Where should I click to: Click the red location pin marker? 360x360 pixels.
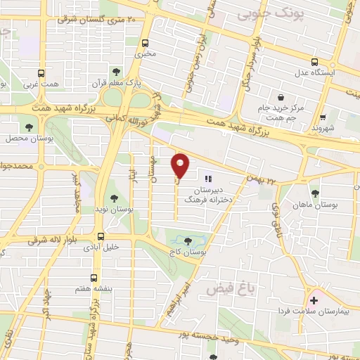tap(181, 165)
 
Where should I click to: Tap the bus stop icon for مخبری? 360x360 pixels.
tap(146, 42)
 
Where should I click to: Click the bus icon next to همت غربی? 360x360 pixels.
tap(40, 72)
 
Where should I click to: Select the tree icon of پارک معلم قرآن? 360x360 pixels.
tap(117, 72)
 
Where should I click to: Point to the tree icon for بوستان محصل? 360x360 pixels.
tap(29, 127)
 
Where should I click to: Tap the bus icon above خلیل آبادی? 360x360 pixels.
tap(101, 236)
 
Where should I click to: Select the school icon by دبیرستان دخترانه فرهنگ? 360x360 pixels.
tap(208, 179)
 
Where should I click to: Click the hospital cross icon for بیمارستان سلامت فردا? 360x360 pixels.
tap(314, 300)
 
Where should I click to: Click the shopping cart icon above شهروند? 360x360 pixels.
tap(323, 117)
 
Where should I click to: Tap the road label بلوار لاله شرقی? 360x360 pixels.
tap(31, 241)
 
